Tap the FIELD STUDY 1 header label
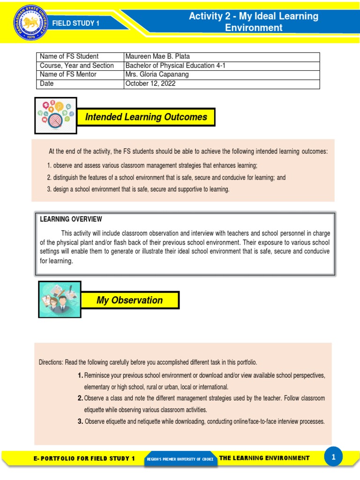pyautogui.click(x=76, y=23)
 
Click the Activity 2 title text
pyautogui.click(x=254, y=22)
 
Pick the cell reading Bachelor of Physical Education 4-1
pyautogui.click(x=175, y=66)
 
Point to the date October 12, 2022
pyautogui.click(x=148, y=84)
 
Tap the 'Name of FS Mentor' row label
pyautogui.click(x=68, y=75)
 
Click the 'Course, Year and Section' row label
pyautogui.click(x=76, y=66)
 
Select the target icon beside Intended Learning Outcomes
pyautogui.click(x=56, y=115)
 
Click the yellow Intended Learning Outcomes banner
pyautogui.click(x=146, y=117)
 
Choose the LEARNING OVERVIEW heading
pyautogui.click(x=71, y=219)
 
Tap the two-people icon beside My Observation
pyautogui.click(x=60, y=300)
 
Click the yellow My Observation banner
pyautogui.click(x=130, y=300)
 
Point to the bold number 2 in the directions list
pyautogui.click(x=80, y=398)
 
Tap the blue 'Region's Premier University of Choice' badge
pyautogui.click(x=180, y=459)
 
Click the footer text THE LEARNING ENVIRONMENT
pyautogui.click(x=264, y=458)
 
